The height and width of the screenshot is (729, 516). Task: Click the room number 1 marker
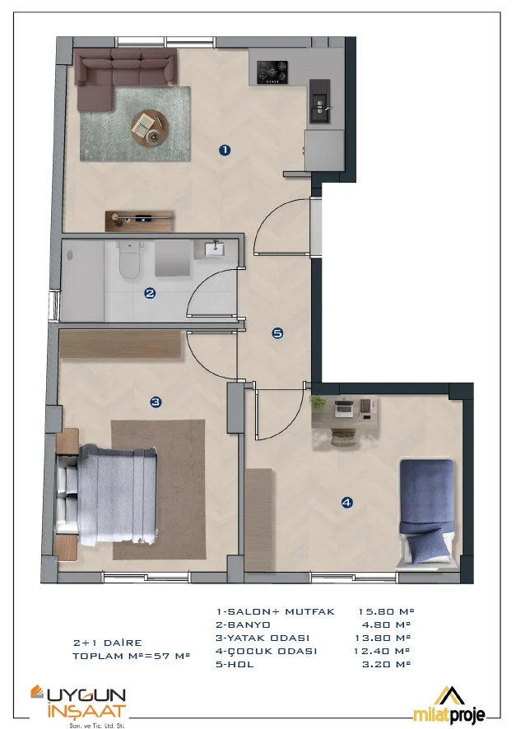[x=225, y=150]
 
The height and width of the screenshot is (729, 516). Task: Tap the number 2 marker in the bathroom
[x=150, y=294]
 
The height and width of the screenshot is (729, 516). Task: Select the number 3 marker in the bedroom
[x=156, y=402]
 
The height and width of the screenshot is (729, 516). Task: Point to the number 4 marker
[x=346, y=502]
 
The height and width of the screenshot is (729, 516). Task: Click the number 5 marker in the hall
[x=277, y=333]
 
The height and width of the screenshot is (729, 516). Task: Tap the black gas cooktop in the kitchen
[x=272, y=72]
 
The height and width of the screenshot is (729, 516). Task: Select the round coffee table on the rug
[x=149, y=128]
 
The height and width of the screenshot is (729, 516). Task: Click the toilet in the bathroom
[x=128, y=260]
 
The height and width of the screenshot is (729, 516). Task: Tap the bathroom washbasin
[x=216, y=248]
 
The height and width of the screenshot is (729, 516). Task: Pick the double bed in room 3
[x=106, y=494]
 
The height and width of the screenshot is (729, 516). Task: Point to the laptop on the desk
[x=344, y=406]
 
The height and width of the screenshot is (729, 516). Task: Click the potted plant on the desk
[x=318, y=402]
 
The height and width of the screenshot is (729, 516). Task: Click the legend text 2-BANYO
[x=243, y=625]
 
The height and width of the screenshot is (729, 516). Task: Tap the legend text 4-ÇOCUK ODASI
[x=266, y=651]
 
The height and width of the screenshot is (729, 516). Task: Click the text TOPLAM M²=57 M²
[x=131, y=656]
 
